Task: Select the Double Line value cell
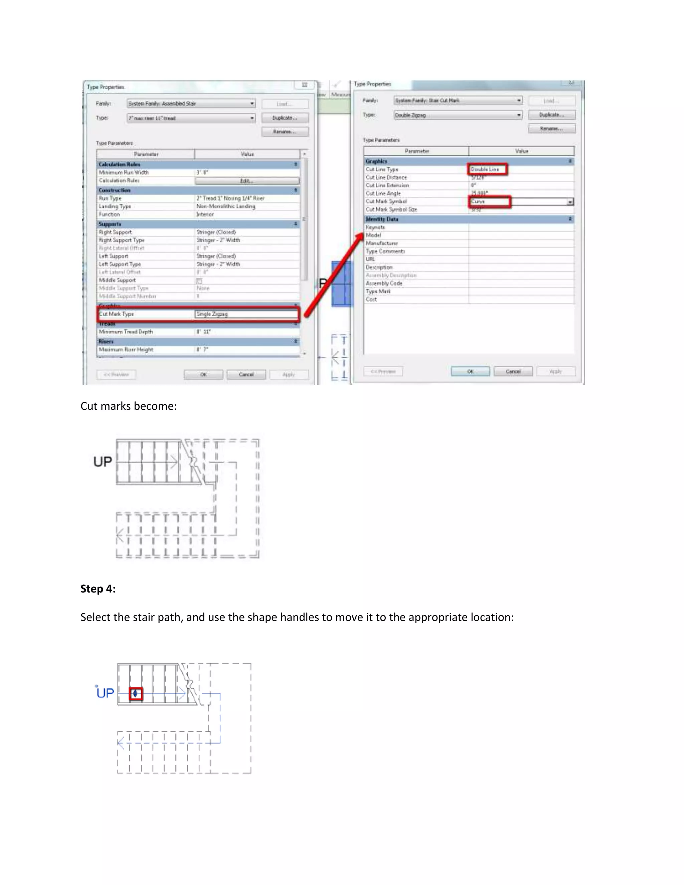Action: pyautogui.click(x=488, y=169)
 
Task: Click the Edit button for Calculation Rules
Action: pyautogui.click(x=247, y=181)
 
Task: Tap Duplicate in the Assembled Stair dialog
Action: pyautogui.click(x=285, y=118)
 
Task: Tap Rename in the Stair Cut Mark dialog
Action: pyautogui.click(x=551, y=129)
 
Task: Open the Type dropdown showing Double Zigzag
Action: pyautogui.click(x=458, y=115)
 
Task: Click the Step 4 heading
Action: pyautogui.click(x=98, y=589)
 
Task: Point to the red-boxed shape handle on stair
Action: pyautogui.click(x=135, y=694)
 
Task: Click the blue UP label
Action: pyautogui.click(x=105, y=693)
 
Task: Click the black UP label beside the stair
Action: pyautogui.click(x=103, y=462)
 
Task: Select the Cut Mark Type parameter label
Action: pyautogui.click(x=117, y=314)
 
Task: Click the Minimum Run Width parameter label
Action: pyautogui.click(x=124, y=173)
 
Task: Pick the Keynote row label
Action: pyautogui.click(x=375, y=227)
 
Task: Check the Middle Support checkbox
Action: pyautogui.click(x=199, y=281)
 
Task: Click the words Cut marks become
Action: pyautogui.click(x=129, y=406)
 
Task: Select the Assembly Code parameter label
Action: pyautogui.click(x=384, y=283)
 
